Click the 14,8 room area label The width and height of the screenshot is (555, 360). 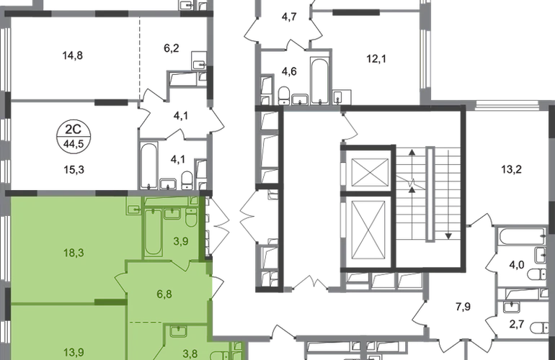coord(73,55)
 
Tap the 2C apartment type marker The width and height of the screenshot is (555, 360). coord(74,129)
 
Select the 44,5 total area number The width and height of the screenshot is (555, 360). coord(74,144)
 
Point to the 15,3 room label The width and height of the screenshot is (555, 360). coord(74,170)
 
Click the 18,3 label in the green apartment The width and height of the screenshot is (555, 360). coord(74,253)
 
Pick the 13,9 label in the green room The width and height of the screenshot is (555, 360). coord(74,352)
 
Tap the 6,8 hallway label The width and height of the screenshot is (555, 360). coord(164,294)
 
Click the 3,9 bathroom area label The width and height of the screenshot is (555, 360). coord(180,241)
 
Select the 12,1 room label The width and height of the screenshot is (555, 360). coord(376,59)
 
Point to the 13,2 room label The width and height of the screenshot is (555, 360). coord(512,169)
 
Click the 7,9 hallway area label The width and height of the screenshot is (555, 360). coord(463,307)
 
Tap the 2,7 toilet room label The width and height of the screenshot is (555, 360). coord(516,324)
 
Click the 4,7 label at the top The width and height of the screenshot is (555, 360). coord(289,17)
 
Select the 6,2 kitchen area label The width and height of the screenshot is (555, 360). coord(172,48)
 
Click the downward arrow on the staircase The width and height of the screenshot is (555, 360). coord(448,194)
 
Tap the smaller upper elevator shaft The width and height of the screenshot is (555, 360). coord(370,172)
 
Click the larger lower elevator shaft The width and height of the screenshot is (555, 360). coord(368,230)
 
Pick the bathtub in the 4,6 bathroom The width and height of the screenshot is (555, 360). coord(319,81)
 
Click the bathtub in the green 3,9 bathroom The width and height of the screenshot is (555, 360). coord(153,232)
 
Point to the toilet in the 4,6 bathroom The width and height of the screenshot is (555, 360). coord(284,95)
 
